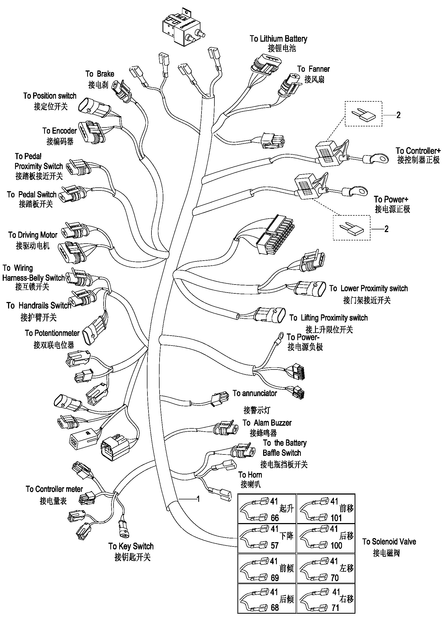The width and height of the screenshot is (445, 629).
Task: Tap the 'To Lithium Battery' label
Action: pyautogui.click(x=278, y=39)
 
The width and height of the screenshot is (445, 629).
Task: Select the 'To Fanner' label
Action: pyautogui.click(x=313, y=69)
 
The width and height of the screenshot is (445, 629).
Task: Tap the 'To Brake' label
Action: pyautogui.click(x=100, y=74)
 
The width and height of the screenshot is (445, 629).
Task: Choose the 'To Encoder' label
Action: pyautogui.click(x=59, y=131)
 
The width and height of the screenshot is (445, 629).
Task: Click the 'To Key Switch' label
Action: pyautogui.click(x=131, y=546)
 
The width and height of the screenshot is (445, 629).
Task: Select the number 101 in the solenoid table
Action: pyautogui.click(x=336, y=518)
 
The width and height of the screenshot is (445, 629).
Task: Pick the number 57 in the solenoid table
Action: pyautogui.click(x=275, y=545)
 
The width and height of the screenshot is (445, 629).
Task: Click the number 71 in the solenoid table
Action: pyautogui.click(x=335, y=608)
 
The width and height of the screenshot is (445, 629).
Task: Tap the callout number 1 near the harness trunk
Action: pyautogui.click(x=198, y=499)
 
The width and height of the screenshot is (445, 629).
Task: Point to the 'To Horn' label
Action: pyautogui.click(x=250, y=474)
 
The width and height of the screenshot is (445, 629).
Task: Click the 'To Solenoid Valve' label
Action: pyautogui.click(x=389, y=542)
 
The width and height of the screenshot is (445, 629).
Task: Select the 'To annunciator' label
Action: pyautogui.click(x=255, y=393)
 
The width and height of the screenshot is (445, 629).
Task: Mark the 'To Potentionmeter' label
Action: pyautogui.click(x=52, y=333)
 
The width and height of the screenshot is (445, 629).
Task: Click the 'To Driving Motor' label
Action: pyautogui.click(x=33, y=235)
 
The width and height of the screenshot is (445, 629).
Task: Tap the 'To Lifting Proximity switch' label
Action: pyautogui.click(x=328, y=318)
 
